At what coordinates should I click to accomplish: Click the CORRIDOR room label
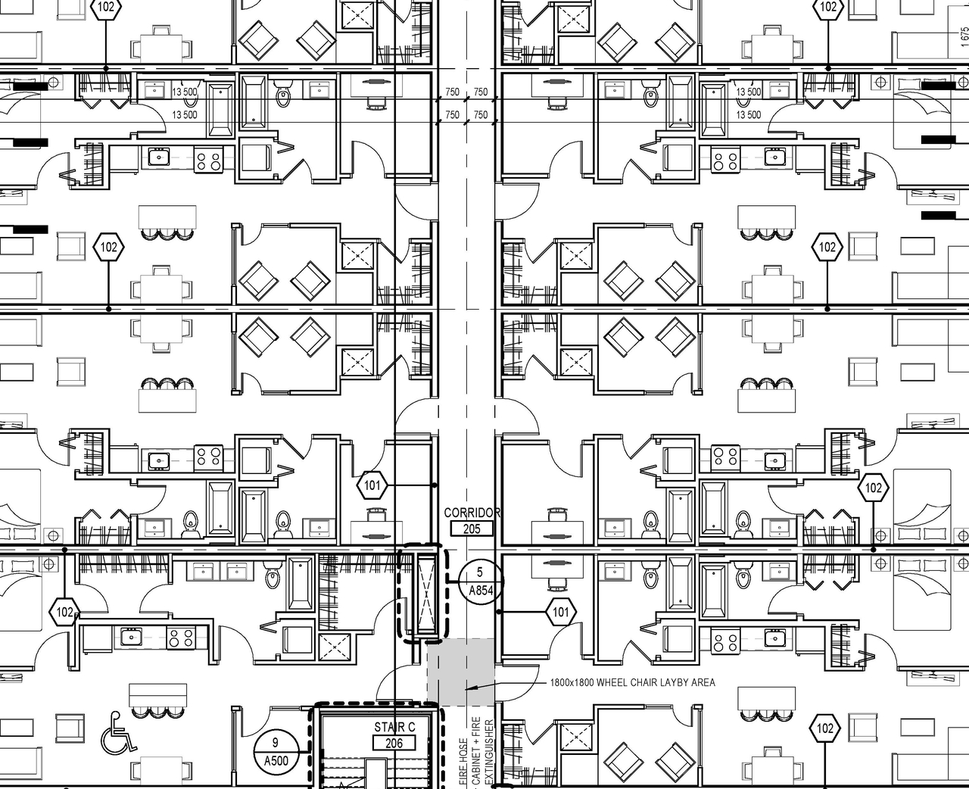(472, 513)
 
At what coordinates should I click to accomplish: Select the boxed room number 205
(471, 529)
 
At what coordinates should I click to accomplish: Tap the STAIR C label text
(394, 728)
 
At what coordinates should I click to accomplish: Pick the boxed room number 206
(394, 743)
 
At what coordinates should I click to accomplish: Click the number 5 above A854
(479, 573)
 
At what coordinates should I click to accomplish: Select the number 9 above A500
(276, 744)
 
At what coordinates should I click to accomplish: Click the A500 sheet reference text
(276, 760)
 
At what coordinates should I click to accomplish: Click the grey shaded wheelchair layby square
(460, 672)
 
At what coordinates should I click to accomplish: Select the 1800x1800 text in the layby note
(572, 683)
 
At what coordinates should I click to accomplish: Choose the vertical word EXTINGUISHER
(489, 753)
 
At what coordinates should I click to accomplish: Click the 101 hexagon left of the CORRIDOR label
(372, 485)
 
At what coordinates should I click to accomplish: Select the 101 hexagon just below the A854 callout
(560, 612)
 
